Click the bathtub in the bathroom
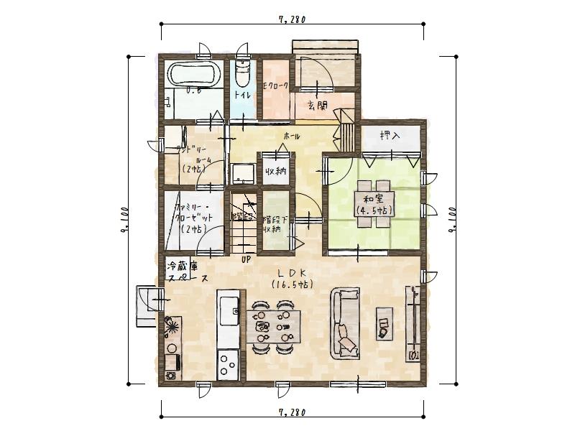[x=193, y=75]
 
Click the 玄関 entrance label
[x=317, y=106]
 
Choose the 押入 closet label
[x=390, y=135]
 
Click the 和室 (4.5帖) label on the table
[x=372, y=204]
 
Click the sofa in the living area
[x=346, y=323]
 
